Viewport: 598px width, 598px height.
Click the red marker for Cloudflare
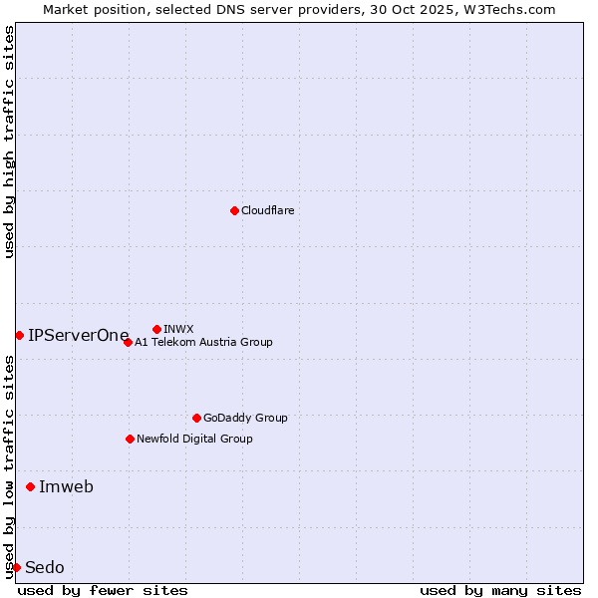click(234, 210)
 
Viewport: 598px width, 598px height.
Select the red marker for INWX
click(156, 329)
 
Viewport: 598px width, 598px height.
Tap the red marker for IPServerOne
click(19, 335)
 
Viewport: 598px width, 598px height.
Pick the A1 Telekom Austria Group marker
click(128, 342)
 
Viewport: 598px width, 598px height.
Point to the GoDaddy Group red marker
click(196, 418)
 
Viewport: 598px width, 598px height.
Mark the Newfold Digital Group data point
click(130, 439)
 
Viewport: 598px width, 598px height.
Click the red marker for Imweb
click(30, 486)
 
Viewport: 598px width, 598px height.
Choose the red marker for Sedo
click(16, 567)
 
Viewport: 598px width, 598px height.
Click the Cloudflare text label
click(268, 210)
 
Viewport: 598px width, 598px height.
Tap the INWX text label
click(178, 329)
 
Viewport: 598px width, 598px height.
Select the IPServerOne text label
click(79, 335)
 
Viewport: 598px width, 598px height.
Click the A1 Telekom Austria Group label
click(203, 342)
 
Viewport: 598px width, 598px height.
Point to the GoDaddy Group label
click(245, 418)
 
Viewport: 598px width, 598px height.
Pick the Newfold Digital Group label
click(194, 439)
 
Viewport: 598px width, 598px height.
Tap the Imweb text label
click(66, 486)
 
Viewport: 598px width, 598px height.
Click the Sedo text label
click(45, 567)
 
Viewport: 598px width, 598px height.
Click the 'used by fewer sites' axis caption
click(103, 590)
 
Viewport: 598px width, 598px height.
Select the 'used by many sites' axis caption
click(500, 590)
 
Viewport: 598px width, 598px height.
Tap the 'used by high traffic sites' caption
click(9, 142)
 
